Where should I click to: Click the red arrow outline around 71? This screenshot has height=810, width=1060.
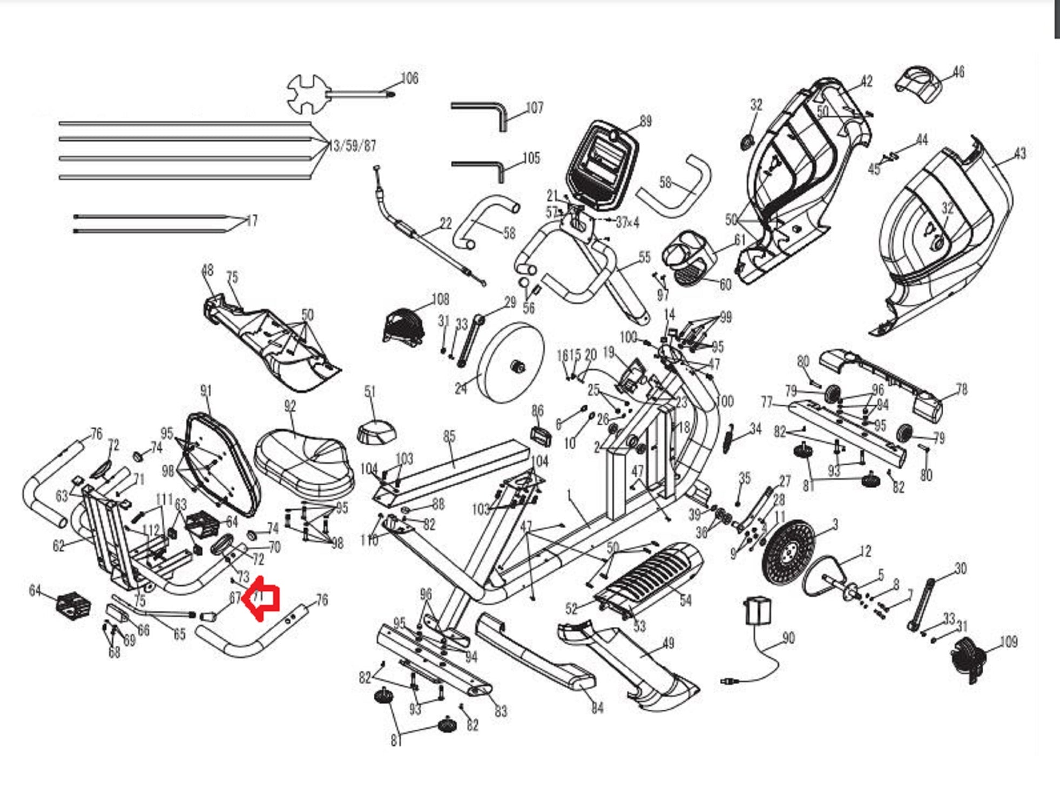(261, 598)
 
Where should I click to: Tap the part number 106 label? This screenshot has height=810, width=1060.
(409, 79)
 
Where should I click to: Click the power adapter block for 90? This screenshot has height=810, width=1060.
(758, 610)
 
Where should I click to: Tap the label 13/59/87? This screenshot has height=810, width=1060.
(353, 146)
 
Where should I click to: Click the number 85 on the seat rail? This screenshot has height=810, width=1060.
(449, 436)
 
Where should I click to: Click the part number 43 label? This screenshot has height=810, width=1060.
(1020, 154)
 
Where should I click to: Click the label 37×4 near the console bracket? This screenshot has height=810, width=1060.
(627, 222)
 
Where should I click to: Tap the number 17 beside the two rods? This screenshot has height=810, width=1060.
(251, 221)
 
